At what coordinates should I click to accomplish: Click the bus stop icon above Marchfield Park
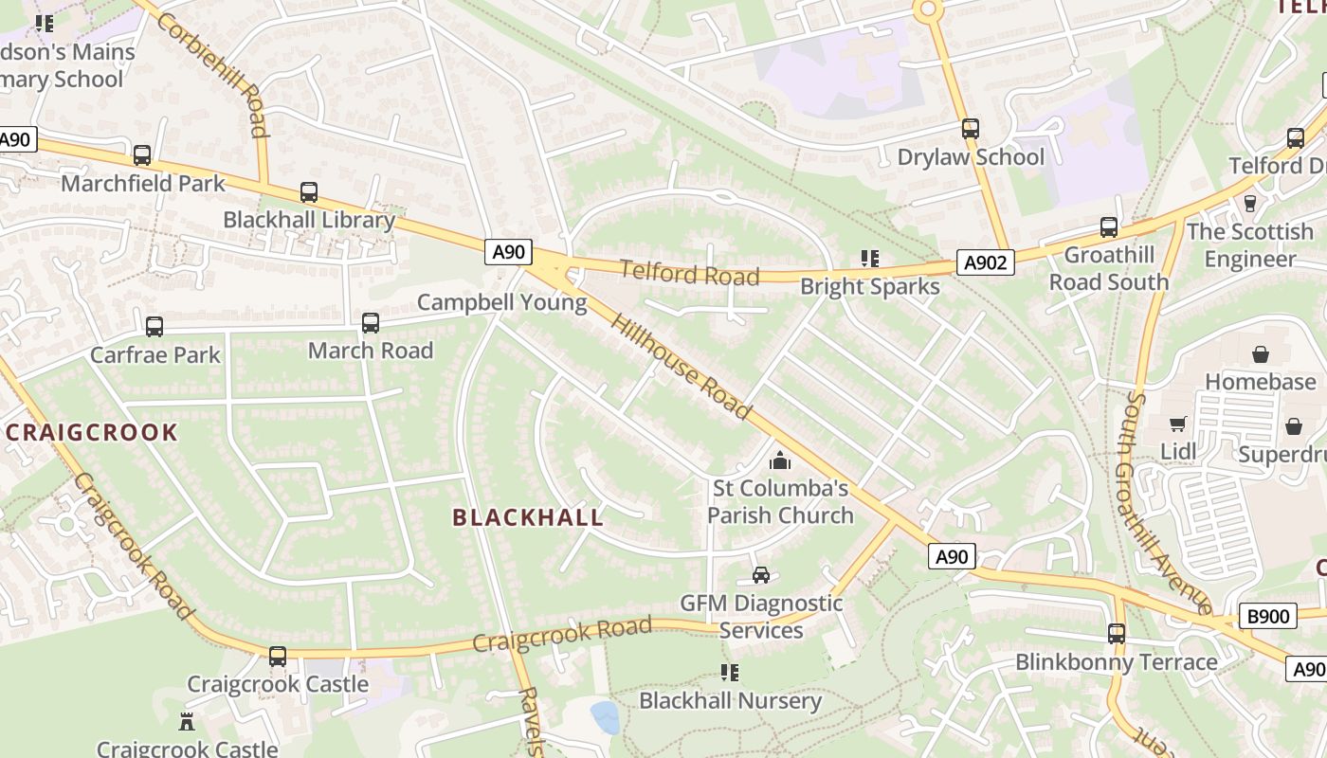point(142,155)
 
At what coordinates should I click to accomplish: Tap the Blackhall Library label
point(308,220)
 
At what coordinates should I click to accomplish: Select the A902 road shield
point(985,262)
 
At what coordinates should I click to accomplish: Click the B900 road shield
point(1267,617)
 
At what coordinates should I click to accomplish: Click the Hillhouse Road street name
point(681,367)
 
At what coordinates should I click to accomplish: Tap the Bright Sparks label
point(869,286)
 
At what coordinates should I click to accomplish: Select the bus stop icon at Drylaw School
point(970,129)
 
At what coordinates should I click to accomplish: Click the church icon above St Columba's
point(780,461)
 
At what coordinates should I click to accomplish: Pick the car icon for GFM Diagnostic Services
point(760,575)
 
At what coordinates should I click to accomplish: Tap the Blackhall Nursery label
point(730,701)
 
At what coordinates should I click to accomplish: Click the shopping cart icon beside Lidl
point(1178,424)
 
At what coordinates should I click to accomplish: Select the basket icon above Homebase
point(1261,354)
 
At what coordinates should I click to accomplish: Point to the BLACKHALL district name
point(528,517)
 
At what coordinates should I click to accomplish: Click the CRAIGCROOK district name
point(92,433)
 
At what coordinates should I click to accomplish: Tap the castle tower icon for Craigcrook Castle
point(187,722)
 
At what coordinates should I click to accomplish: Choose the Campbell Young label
point(501,303)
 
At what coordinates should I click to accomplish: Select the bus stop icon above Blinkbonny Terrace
point(1116,634)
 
